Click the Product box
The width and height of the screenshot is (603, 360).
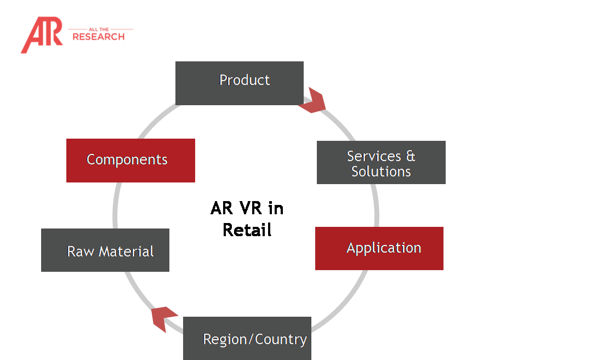pyautogui.click(x=239, y=83)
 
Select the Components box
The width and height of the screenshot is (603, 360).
pyautogui.click(x=130, y=160)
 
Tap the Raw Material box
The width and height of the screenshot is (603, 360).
pyautogui.click(x=105, y=250)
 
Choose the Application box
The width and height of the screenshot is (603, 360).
pyautogui.click(x=379, y=248)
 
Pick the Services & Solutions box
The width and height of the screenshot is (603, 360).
pyautogui.click(x=381, y=162)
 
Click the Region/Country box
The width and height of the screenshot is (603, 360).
pyautogui.click(x=247, y=338)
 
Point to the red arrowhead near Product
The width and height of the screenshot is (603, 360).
pyautogui.click(x=313, y=101)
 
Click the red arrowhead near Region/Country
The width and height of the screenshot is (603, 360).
pyautogui.click(x=164, y=319)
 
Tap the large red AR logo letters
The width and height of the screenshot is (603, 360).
pyautogui.click(x=42, y=35)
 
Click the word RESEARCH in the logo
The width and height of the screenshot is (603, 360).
pyautogui.click(x=99, y=37)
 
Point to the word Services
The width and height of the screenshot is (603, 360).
pyautogui.click(x=374, y=156)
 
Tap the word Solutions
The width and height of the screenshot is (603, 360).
pyautogui.click(x=381, y=172)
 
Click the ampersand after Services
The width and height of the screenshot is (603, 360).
pyautogui.click(x=410, y=156)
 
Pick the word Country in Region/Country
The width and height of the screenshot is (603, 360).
pyautogui.click(x=281, y=339)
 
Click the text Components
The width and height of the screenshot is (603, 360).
pyautogui.click(x=127, y=160)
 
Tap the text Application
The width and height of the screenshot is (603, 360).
pyautogui.click(x=384, y=248)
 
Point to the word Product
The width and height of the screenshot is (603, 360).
pyautogui.click(x=244, y=80)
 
